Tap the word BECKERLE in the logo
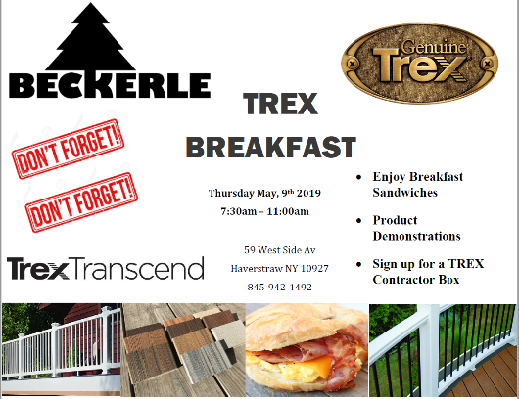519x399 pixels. (110, 85)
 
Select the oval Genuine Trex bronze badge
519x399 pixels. (419, 64)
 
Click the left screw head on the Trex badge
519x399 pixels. (352, 63)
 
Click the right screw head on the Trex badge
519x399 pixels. (488, 64)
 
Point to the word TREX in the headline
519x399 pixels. (280, 104)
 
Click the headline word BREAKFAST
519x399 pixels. (271, 147)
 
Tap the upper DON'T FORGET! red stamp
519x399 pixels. (69, 149)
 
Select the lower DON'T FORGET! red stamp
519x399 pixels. (81, 202)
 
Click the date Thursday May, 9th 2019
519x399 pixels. (264, 193)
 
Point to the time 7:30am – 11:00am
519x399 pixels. (264, 211)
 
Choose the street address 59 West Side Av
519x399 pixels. (280, 250)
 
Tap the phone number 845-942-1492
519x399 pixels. (280, 287)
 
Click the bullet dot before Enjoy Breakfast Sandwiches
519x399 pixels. (358, 178)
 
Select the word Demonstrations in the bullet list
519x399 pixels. (417, 236)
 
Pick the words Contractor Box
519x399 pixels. (416, 280)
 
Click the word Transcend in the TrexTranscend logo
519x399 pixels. (137, 268)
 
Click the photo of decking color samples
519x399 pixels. (183, 350)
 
